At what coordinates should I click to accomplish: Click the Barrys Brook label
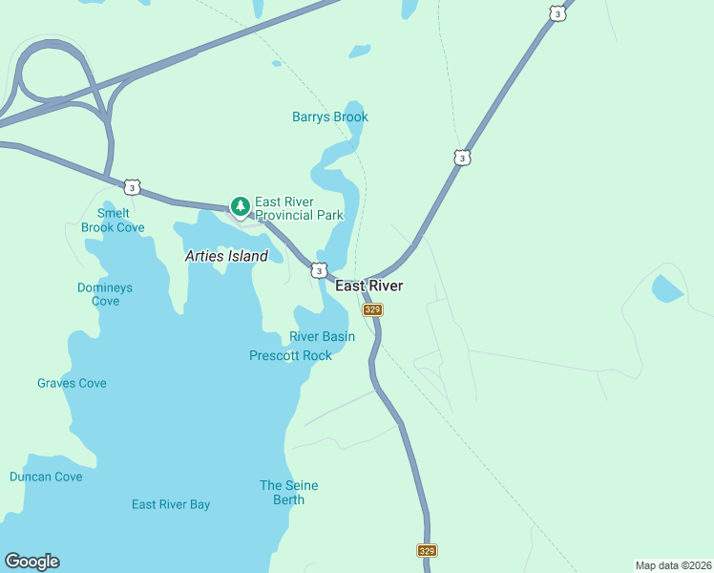[329, 117]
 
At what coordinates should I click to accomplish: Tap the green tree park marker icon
[240, 205]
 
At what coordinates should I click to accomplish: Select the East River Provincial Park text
[299, 208]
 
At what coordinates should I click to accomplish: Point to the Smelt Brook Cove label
[113, 221]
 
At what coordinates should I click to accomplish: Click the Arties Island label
[226, 256]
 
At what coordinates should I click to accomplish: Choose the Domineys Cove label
[105, 294]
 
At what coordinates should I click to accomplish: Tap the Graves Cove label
[72, 383]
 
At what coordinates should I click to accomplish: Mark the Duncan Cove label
[46, 477]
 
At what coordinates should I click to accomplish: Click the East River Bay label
[171, 504]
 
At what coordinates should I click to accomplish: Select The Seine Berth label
[289, 493]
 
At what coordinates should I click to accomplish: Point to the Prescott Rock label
[290, 355]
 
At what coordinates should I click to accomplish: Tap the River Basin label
[322, 336]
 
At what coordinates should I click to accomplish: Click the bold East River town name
[368, 286]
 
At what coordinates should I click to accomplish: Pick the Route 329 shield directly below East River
[372, 309]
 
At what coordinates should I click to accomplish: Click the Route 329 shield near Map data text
[427, 550]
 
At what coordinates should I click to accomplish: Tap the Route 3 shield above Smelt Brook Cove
[132, 187]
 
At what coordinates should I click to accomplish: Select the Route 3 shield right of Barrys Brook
[462, 158]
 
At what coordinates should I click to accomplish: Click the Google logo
[31, 562]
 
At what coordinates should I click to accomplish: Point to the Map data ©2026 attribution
[673, 564]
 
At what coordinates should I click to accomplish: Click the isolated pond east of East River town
[666, 287]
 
